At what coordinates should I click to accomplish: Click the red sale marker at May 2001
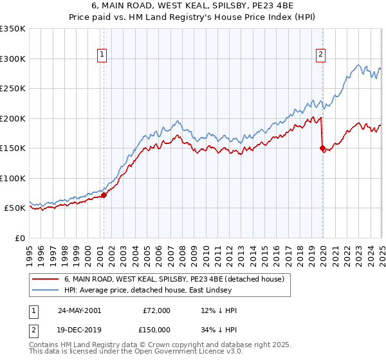[104, 195]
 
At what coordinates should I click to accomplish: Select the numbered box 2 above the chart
[320, 55]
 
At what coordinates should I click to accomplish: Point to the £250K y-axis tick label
[13, 89]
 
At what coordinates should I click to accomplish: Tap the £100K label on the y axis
[13, 178]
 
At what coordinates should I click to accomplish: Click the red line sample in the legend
[46, 279]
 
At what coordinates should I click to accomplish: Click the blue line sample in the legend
[46, 289]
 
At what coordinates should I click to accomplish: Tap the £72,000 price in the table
[157, 310]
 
